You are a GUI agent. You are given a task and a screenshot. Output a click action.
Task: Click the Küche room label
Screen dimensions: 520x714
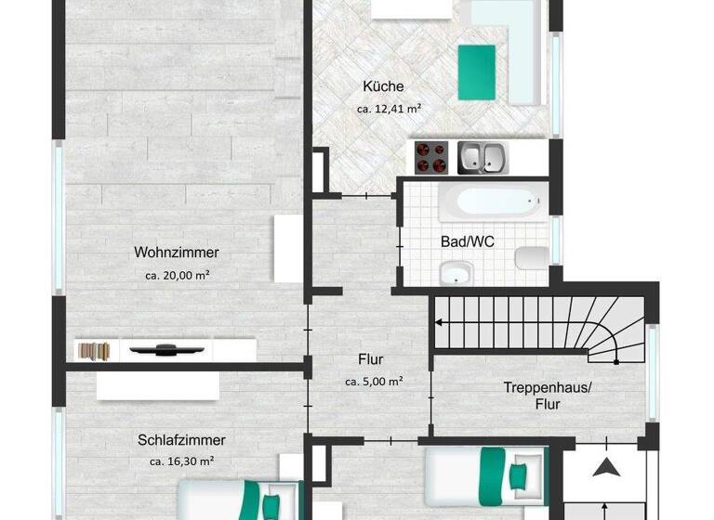click(x=384, y=87)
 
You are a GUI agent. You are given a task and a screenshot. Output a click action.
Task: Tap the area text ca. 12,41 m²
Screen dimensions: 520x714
click(x=389, y=109)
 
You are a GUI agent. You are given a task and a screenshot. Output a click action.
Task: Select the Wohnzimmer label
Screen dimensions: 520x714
click(x=177, y=253)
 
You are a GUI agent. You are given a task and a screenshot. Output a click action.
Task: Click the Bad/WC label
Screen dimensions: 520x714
click(x=468, y=241)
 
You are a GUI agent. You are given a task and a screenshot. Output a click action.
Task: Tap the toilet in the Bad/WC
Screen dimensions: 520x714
click(x=533, y=256)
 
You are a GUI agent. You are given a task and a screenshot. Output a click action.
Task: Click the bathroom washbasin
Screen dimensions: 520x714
click(x=456, y=273)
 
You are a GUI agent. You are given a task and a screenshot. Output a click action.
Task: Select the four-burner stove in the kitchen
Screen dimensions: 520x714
click(x=430, y=157)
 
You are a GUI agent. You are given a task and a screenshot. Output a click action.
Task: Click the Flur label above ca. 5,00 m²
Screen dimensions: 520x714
click(x=371, y=359)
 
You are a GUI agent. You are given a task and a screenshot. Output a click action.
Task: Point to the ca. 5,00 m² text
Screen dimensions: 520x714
click(x=374, y=381)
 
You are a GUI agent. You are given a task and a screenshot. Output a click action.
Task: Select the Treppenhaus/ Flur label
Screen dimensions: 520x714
click(x=546, y=396)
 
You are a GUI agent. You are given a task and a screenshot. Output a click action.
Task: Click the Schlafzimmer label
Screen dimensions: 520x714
click(x=181, y=440)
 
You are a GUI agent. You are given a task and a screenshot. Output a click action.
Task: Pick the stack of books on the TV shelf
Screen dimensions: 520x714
click(x=95, y=351)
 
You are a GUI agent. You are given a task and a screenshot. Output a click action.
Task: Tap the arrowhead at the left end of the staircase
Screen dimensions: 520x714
click(x=438, y=322)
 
